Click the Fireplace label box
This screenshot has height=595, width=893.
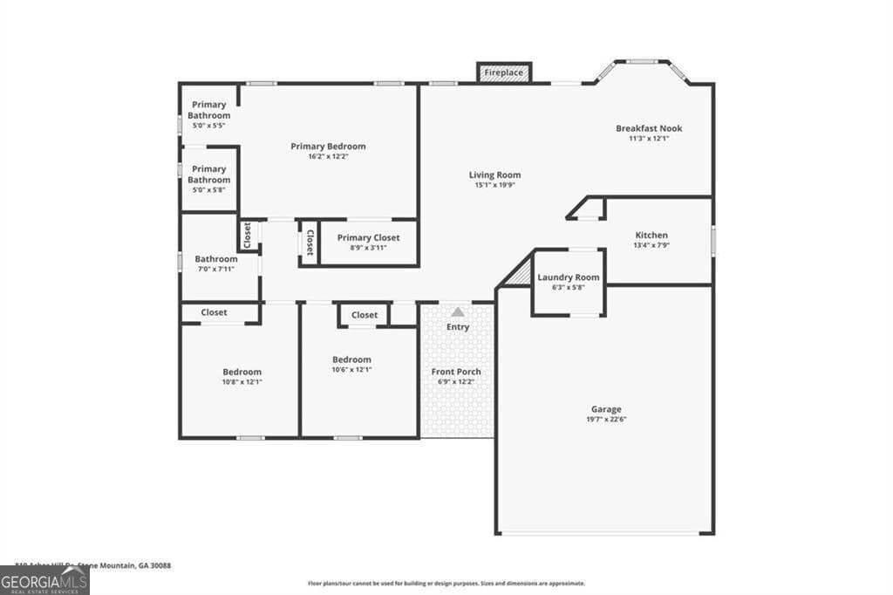[x=503, y=72]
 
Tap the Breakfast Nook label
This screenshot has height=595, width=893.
[x=649, y=128]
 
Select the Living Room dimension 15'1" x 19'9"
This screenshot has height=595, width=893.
[x=494, y=185]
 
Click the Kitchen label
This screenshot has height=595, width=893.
[x=651, y=236]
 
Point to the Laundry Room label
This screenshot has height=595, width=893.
[x=568, y=277]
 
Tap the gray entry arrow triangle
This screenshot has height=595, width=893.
[x=458, y=311]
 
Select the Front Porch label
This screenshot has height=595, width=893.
[x=457, y=372]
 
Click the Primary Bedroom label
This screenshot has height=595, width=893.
[x=328, y=147]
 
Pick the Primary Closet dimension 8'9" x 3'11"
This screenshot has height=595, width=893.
[x=367, y=248]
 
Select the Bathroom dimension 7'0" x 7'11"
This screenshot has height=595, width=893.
[x=215, y=270]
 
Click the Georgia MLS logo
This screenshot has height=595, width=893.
[x=44, y=580]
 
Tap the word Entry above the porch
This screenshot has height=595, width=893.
[x=458, y=327]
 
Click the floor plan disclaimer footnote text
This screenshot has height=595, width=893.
[x=446, y=584]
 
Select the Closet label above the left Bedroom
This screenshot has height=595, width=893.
[x=214, y=312]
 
